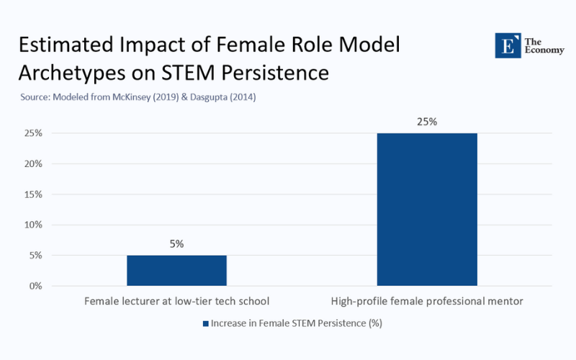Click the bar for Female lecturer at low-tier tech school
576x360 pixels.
click(x=176, y=270)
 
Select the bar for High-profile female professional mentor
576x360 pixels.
click(x=427, y=209)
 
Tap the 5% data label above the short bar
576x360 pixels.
click(x=176, y=244)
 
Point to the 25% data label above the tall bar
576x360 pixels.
click(x=427, y=122)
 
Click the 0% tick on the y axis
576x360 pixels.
click(x=35, y=286)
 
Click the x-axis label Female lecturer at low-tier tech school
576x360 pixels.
click(x=176, y=300)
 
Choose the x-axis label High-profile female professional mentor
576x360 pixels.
click(x=427, y=300)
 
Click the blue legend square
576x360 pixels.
click(x=205, y=323)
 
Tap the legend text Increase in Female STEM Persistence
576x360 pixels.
click(x=296, y=323)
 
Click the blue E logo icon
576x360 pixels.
click(x=507, y=45)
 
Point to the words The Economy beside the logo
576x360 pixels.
click(x=539, y=45)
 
